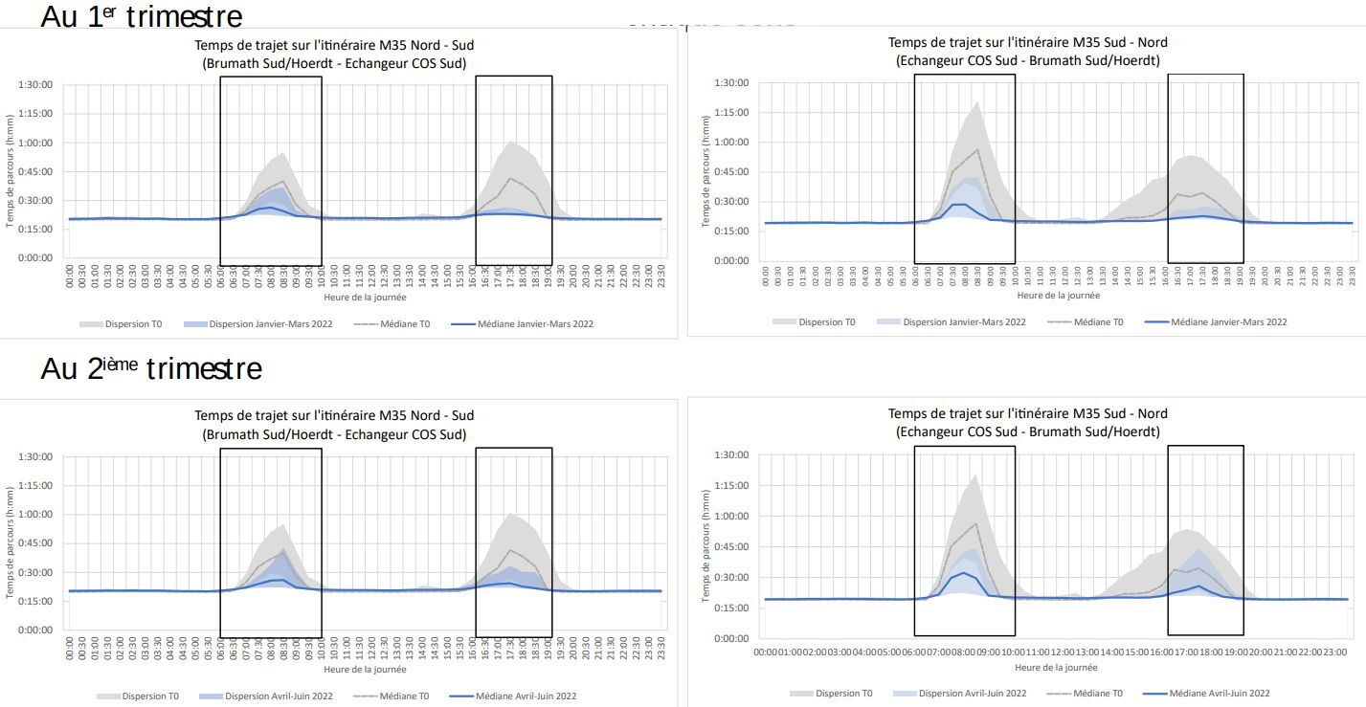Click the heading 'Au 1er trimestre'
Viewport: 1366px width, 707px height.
(x=141, y=16)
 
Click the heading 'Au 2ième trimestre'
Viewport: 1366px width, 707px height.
(x=150, y=368)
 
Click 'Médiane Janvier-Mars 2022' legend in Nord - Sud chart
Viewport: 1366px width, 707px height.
(x=534, y=324)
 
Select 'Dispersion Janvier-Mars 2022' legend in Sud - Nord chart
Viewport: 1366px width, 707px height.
(x=963, y=322)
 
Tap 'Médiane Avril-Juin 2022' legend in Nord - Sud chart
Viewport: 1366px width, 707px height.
(x=526, y=696)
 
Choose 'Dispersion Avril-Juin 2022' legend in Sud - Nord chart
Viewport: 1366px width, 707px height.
(x=972, y=694)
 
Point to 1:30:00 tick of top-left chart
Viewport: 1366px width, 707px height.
(x=34, y=84)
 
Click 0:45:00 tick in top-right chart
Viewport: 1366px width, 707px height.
(x=731, y=171)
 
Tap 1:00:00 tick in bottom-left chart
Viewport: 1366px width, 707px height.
(x=34, y=515)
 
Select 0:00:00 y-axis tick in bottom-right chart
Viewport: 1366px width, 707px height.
(x=731, y=638)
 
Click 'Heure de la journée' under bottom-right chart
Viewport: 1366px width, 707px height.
(x=1056, y=668)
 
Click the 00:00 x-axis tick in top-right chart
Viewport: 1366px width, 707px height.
(x=766, y=277)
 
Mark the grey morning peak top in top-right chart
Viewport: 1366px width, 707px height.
(x=977, y=102)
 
